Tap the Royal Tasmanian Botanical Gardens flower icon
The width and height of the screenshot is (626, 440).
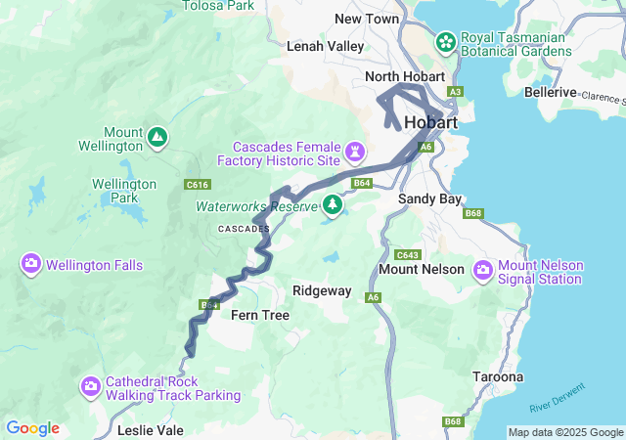(x=446, y=42)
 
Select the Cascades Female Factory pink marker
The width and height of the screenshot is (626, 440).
(x=355, y=153)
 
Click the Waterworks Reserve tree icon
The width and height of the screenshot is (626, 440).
(x=333, y=205)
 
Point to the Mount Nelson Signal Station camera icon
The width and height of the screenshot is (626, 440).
(x=483, y=271)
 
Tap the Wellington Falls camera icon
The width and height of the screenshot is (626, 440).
(x=31, y=264)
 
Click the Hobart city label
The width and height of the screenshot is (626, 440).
(x=430, y=123)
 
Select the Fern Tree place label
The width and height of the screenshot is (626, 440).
(x=259, y=315)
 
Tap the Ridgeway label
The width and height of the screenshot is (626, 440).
(x=322, y=291)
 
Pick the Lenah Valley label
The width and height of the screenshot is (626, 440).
(x=325, y=46)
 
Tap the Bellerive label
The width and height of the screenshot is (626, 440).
(x=550, y=92)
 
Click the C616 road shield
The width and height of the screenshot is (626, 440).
(x=198, y=183)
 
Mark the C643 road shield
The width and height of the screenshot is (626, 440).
(x=408, y=254)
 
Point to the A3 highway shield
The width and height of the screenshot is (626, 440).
(x=455, y=92)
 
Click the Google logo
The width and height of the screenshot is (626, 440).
(x=32, y=428)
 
